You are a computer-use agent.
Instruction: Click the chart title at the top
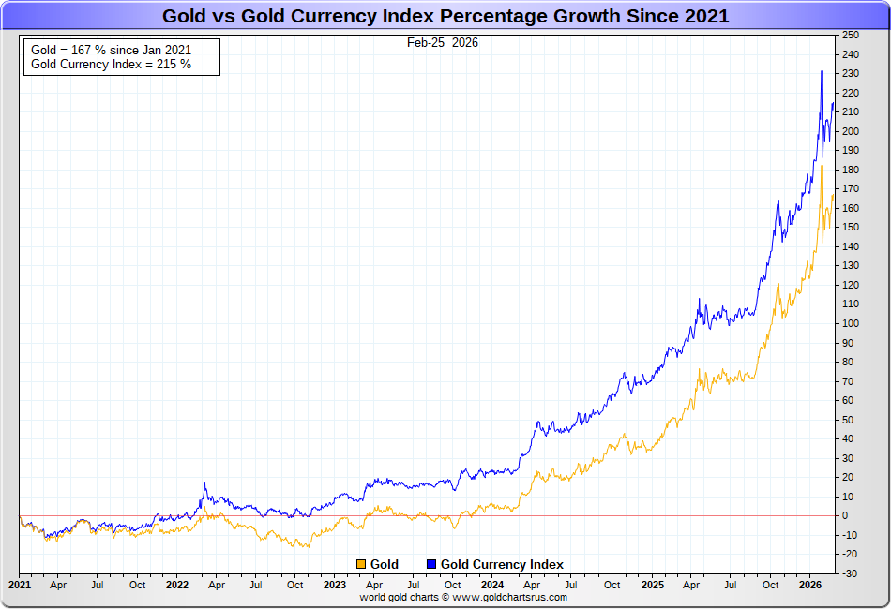click(x=445, y=16)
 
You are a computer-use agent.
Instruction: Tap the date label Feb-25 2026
click(x=442, y=43)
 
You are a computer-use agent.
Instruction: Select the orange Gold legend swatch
click(x=361, y=564)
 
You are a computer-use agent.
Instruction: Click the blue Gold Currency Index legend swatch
click(x=431, y=564)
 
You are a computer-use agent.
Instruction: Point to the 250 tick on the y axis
click(x=851, y=36)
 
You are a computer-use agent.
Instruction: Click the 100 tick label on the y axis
click(x=851, y=323)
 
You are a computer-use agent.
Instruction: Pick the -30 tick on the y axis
click(x=849, y=572)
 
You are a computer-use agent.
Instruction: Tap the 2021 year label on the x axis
click(x=19, y=585)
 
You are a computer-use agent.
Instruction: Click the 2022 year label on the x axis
click(x=177, y=585)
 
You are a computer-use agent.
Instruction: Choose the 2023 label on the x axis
click(x=335, y=585)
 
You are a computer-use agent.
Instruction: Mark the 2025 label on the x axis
click(x=652, y=585)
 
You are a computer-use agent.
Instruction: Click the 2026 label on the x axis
click(x=809, y=585)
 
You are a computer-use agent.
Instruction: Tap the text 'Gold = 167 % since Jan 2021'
click(x=111, y=50)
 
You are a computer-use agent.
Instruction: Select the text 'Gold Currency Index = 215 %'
click(x=111, y=65)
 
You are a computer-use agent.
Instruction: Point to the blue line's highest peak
click(x=822, y=71)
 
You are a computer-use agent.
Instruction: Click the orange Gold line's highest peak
click(x=822, y=166)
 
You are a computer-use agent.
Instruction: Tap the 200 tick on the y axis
click(x=851, y=131)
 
